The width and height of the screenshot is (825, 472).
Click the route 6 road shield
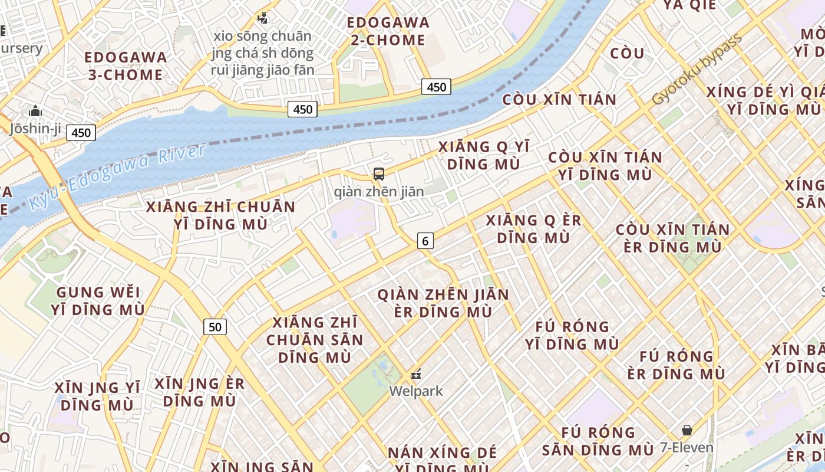425,241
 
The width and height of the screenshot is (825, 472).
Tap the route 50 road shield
215,327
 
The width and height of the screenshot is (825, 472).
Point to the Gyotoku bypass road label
697,70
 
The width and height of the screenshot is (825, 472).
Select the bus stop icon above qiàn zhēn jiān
379,174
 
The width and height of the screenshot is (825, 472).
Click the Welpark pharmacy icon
416,374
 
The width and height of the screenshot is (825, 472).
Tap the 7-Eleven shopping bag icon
687,430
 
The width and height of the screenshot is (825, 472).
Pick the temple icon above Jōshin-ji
35,111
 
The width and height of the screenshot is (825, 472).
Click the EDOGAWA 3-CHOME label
126,66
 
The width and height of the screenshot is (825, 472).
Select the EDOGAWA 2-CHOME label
388,31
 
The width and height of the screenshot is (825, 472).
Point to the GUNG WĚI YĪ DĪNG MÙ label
98,301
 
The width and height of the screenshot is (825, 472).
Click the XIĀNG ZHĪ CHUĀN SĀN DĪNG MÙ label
315,340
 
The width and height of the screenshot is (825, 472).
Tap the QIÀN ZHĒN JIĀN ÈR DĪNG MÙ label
443,303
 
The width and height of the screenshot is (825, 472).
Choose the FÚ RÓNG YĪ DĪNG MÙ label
572,335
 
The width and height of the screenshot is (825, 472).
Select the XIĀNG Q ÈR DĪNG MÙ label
533,229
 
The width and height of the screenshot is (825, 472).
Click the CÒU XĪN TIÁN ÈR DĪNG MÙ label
672,238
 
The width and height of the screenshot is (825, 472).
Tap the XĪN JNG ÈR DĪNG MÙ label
199,392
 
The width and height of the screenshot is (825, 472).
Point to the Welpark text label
416,391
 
